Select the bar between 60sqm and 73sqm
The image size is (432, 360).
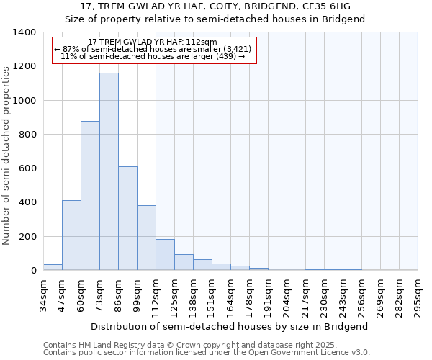(x=90, y=196)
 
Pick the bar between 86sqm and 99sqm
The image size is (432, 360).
(x=127, y=218)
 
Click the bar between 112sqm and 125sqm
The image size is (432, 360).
(x=165, y=255)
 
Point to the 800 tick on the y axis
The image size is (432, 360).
(x=27, y=135)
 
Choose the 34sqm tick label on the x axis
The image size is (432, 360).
(x=44, y=294)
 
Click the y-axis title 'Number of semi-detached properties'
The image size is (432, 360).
(x=7, y=155)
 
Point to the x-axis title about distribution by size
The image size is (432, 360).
(x=230, y=326)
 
